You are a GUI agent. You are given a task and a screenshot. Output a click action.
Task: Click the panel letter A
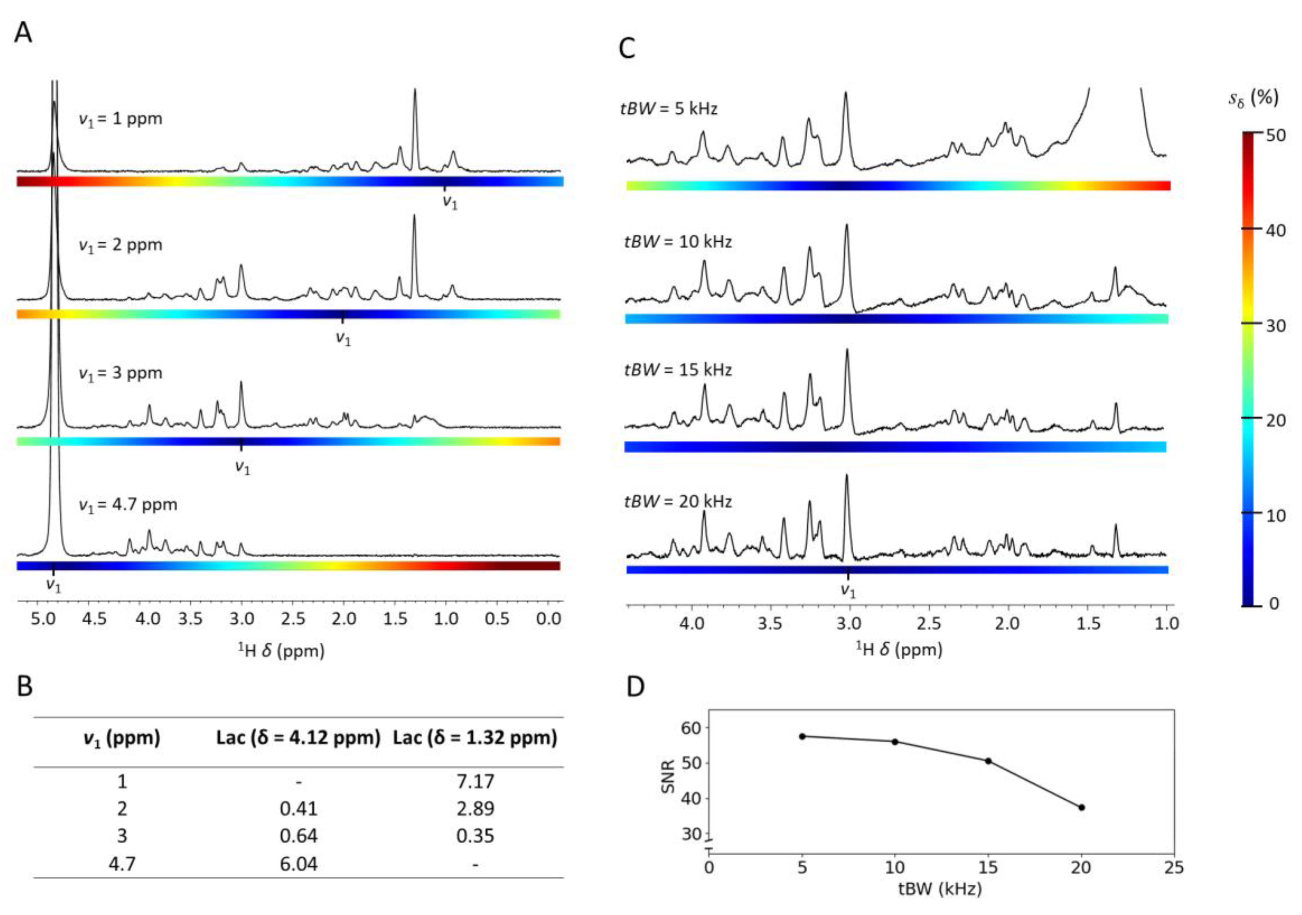click(x=23, y=33)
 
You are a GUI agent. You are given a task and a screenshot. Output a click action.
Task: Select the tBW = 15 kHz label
click(x=677, y=370)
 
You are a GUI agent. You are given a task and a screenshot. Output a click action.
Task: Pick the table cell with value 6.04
click(x=298, y=864)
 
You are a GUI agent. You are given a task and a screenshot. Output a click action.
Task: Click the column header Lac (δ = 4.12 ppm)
click(x=298, y=737)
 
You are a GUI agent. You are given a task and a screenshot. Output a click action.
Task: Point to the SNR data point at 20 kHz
click(x=1082, y=807)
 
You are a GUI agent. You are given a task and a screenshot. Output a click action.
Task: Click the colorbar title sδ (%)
click(x=1253, y=98)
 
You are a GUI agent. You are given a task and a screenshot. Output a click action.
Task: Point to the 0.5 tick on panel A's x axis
click(x=497, y=618)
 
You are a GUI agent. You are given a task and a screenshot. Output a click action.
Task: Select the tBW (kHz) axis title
click(x=940, y=889)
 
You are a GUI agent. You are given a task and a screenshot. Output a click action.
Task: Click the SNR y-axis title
click(x=669, y=776)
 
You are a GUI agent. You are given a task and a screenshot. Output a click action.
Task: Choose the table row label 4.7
click(x=122, y=864)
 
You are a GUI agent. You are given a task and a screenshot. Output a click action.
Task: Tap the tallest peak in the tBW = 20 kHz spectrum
click(x=846, y=476)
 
